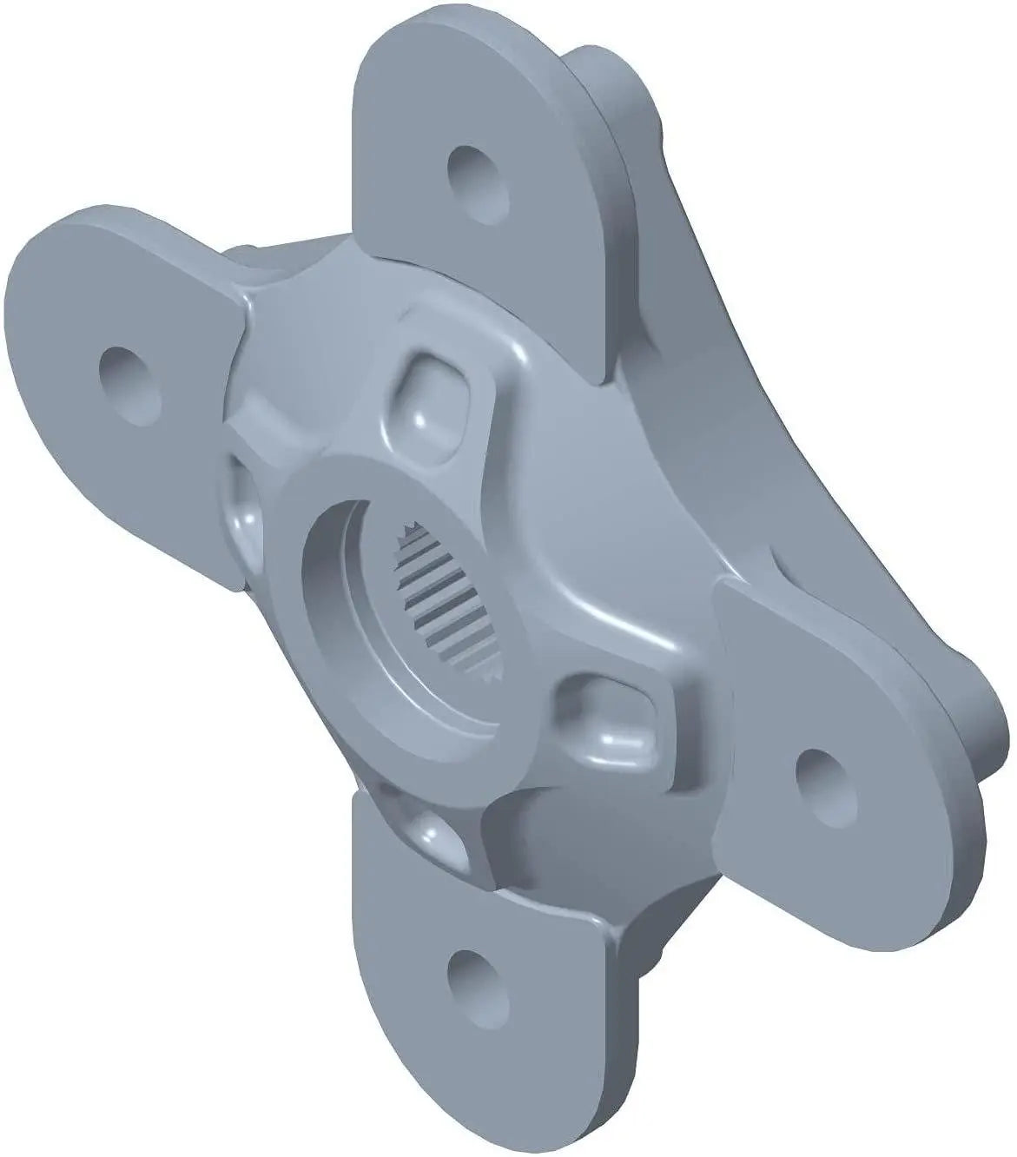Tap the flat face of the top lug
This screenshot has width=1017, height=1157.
point(521,261)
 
